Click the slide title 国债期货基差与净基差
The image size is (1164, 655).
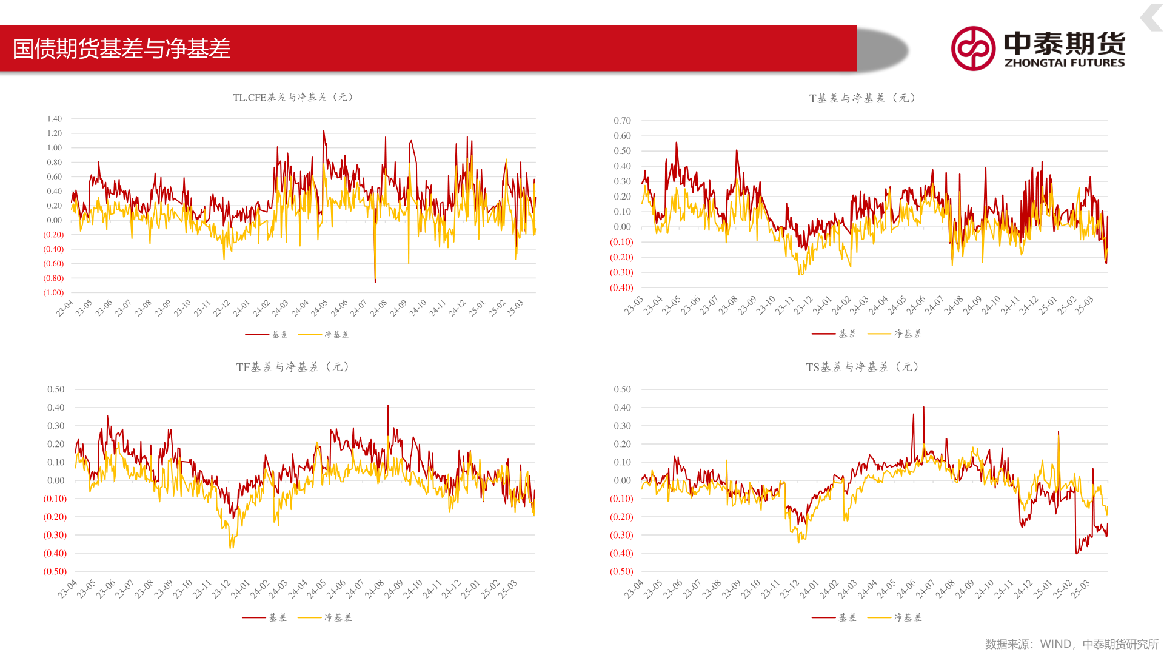121,49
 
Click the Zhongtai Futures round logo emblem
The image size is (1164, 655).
973,49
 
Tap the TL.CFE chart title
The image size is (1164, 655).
293,97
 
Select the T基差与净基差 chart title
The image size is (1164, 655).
862,98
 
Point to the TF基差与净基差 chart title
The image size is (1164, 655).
293,367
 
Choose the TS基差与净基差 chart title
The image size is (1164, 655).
862,367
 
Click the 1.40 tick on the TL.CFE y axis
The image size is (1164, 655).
55,119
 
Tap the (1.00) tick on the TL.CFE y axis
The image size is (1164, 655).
53,292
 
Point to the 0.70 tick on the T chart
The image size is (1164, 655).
622,121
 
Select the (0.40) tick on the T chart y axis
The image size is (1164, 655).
621,287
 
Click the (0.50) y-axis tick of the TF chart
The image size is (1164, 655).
55,571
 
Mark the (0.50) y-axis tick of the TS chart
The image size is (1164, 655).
621,571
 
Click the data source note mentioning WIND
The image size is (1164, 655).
1071,644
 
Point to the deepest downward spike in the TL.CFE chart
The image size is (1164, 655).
375,280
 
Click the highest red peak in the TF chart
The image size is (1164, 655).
388,406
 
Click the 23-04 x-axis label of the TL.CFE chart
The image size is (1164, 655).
64,308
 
